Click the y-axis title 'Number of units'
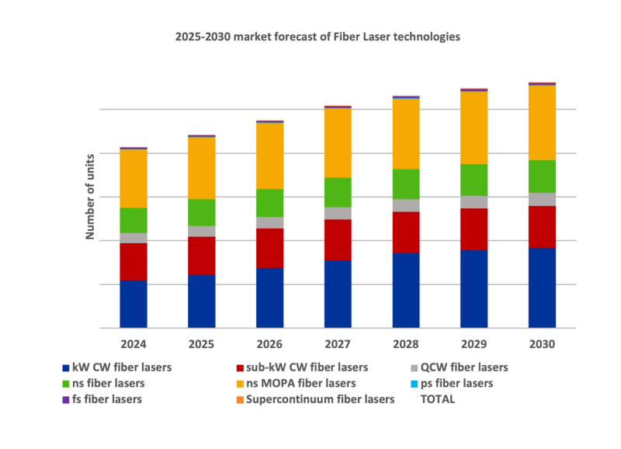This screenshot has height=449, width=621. coord(89,196)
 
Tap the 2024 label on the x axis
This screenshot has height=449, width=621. coord(134,343)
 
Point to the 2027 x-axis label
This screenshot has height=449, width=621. coord(338,343)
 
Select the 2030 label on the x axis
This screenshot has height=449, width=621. coord(542,343)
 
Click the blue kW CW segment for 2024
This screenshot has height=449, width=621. coord(134,304)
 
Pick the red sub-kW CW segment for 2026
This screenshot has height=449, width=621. coord(270,248)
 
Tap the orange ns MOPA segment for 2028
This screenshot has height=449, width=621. coord(406,134)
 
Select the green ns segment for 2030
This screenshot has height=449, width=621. coord(542,176)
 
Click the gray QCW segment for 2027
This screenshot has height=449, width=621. coord(338,214)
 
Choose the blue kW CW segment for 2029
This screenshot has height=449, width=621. coord(474,288)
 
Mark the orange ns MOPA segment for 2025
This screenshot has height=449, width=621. coord(202,168)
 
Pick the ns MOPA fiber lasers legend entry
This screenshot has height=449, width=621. coord(300,384)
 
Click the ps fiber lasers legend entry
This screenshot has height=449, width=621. coord(455,384)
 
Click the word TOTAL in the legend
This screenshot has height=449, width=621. coord(437,400)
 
